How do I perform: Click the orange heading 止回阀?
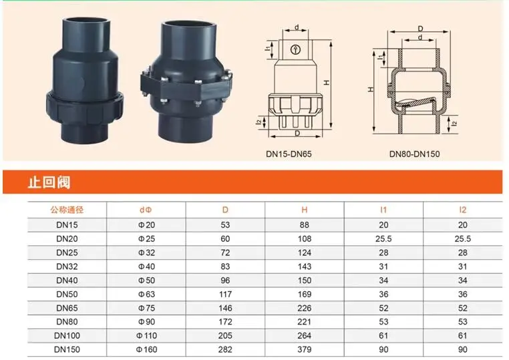point(49,182)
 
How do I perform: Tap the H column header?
point(305,210)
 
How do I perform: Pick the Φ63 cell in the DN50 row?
point(146,294)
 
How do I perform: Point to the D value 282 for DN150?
point(225,350)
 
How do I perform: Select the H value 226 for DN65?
point(305,308)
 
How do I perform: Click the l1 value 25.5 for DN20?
point(383,238)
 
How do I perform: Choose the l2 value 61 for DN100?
point(463,336)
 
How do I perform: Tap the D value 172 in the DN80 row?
point(225,322)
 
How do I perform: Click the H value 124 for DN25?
point(305,252)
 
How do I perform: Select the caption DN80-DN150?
point(414,154)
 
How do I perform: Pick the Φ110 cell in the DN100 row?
point(146,336)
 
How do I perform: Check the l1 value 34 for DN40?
point(383,280)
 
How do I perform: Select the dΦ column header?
point(146,210)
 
